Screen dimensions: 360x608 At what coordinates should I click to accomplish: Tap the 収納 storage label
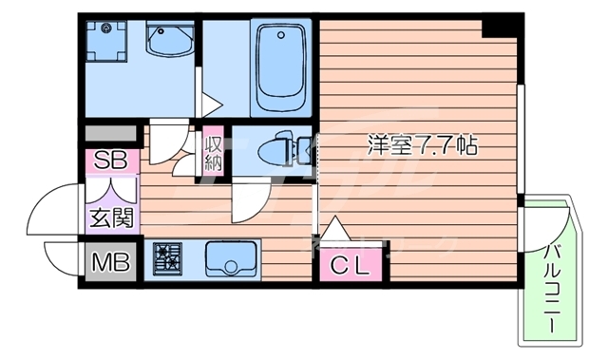point(214,152)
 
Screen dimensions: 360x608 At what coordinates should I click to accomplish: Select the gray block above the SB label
point(111,134)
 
